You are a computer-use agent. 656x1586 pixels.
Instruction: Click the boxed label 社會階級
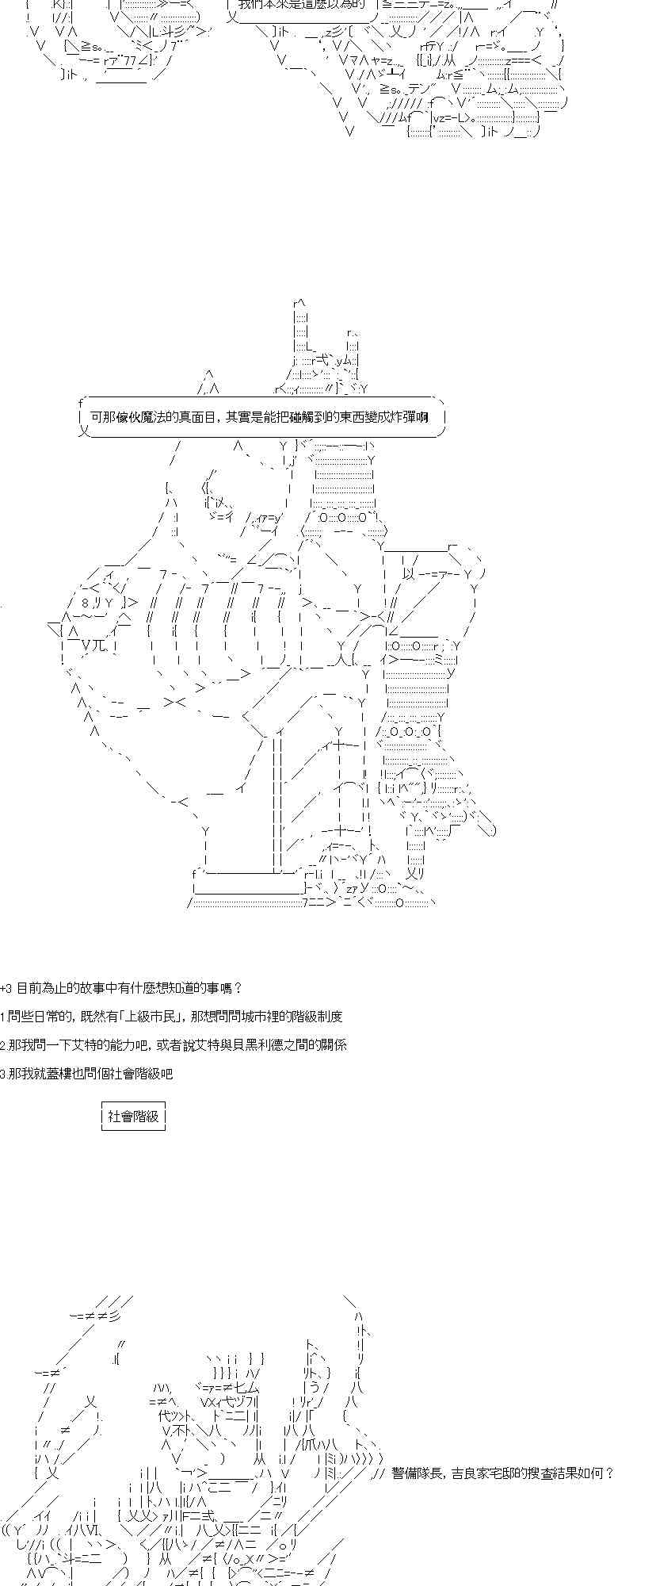click(133, 1117)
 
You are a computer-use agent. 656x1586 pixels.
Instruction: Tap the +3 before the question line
click(6, 988)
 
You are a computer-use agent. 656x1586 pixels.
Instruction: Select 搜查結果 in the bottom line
click(541, 1474)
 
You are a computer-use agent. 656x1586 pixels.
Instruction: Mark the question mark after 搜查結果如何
click(609, 1474)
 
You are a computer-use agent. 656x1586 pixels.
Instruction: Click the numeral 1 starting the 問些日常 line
click(2, 1017)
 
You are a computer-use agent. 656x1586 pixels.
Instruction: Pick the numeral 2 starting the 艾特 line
click(2, 1045)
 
